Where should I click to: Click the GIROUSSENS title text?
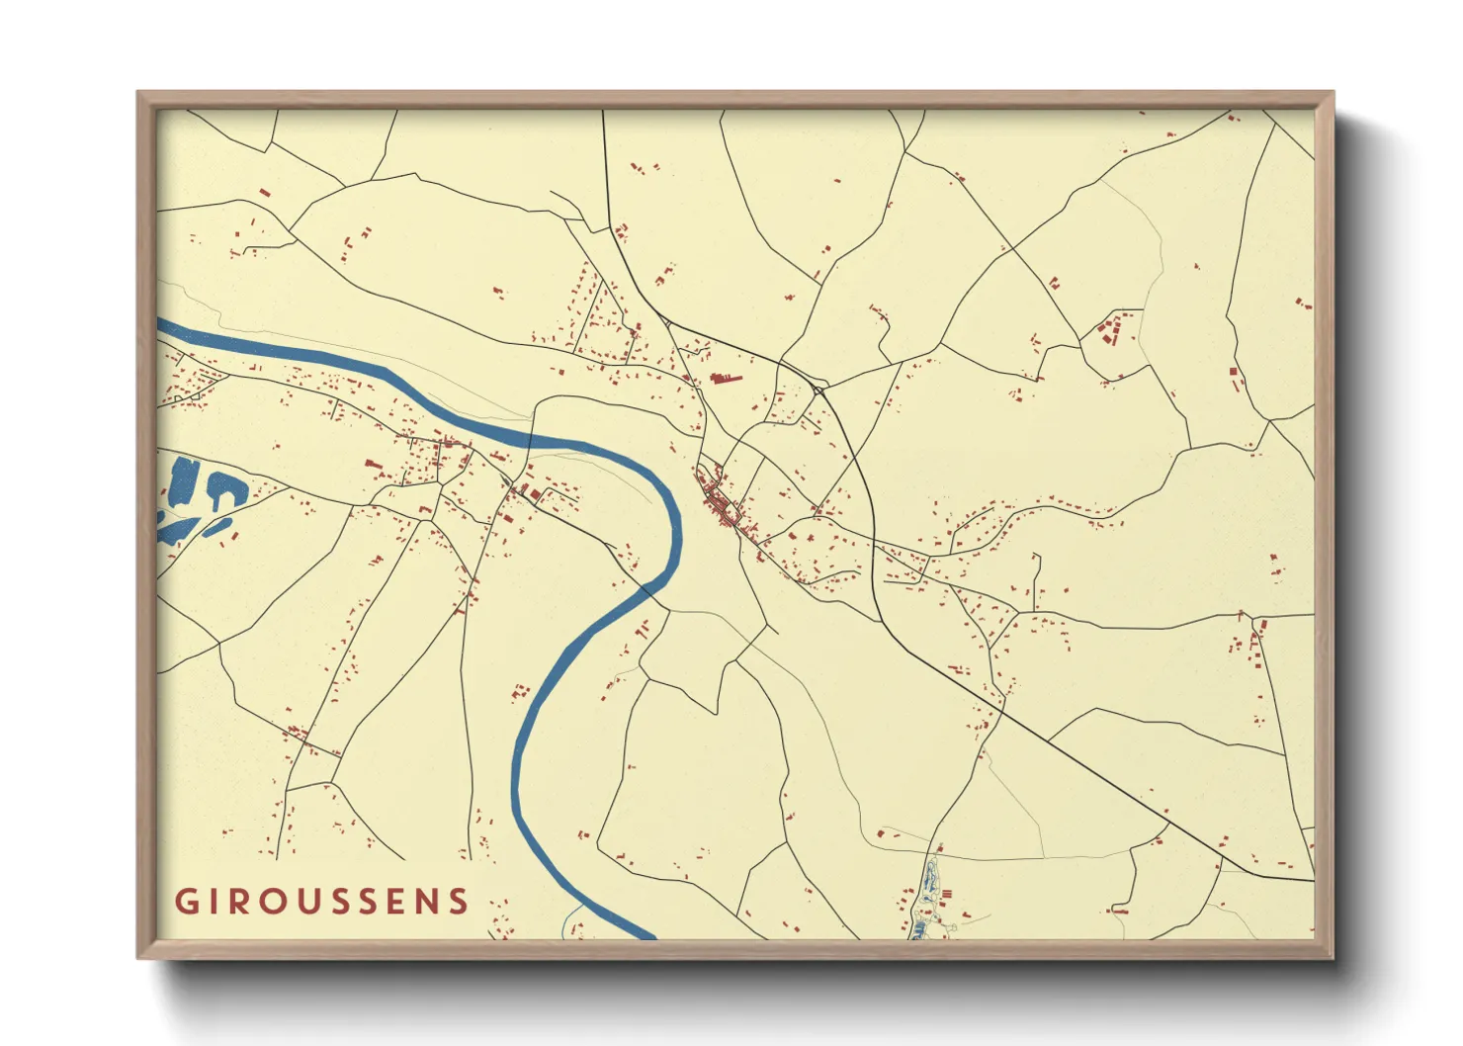coord(321,901)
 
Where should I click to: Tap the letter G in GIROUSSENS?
coord(186,901)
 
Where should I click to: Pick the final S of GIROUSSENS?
coord(457,901)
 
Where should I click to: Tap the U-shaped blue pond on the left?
coord(224,489)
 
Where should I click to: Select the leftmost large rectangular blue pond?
coord(182,481)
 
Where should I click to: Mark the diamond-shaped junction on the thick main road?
coord(817,389)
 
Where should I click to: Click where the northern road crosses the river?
coord(533,438)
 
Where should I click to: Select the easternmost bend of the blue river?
coord(677,524)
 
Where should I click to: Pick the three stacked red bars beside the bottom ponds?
coord(947,894)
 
